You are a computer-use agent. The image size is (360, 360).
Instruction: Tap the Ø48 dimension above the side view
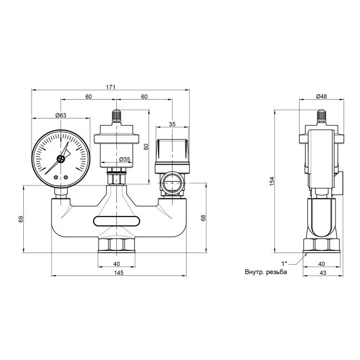click(321, 96)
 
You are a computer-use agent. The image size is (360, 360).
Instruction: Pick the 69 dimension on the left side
click(21, 218)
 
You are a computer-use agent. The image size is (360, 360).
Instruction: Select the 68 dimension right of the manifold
click(204, 218)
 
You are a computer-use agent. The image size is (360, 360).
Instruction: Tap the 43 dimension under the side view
click(321, 272)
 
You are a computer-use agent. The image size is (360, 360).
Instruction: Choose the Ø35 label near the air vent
click(125, 160)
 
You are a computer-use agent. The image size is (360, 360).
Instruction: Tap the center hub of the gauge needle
click(60, 159)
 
